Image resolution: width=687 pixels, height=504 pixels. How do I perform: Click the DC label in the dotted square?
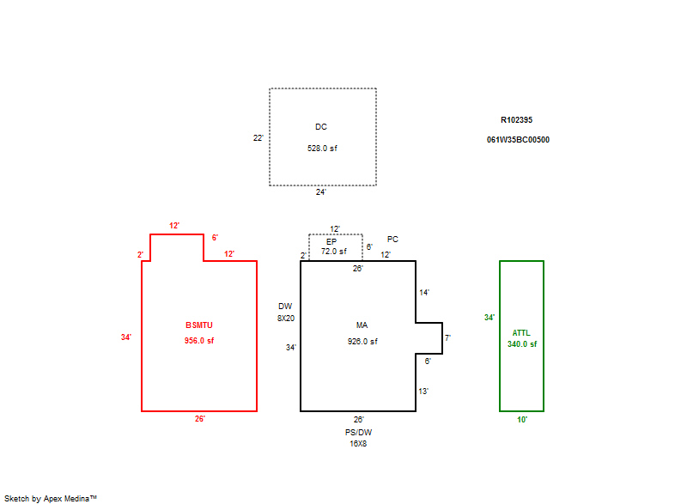click(321, 127)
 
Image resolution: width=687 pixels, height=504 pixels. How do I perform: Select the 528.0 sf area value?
click(322, 149)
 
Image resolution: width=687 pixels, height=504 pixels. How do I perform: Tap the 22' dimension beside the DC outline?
click(258, 137)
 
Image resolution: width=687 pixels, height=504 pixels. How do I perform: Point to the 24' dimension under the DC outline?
click(321, 192)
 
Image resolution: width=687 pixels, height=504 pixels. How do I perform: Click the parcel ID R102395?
click(517, 120)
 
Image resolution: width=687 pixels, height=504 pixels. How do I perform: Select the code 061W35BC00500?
click(518, 139)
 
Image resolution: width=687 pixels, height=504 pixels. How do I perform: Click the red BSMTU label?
click(199, 325)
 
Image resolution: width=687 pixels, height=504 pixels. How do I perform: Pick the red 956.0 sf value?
click(199, 341)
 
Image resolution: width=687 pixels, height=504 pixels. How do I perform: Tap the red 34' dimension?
click(126, 337)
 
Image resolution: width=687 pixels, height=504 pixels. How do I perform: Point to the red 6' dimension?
click(215, 238)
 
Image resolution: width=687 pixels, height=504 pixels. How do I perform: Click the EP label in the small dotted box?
click(331, 241)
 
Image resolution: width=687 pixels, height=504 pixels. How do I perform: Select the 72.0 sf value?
click(334, 252)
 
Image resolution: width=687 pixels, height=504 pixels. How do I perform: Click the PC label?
click(392, 240)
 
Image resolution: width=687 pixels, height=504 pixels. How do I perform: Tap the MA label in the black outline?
click(362, 325)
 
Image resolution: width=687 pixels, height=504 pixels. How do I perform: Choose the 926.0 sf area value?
click(362, 341)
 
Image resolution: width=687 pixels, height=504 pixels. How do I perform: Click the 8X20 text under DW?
click(286, 318)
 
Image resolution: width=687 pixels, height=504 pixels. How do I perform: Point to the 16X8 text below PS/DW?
click(358, 444)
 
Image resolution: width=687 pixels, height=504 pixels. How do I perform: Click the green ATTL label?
click(521, 333)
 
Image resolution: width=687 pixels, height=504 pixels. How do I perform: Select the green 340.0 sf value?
click(522, 344)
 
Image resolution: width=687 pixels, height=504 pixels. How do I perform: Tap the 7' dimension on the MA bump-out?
click(447, 338)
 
